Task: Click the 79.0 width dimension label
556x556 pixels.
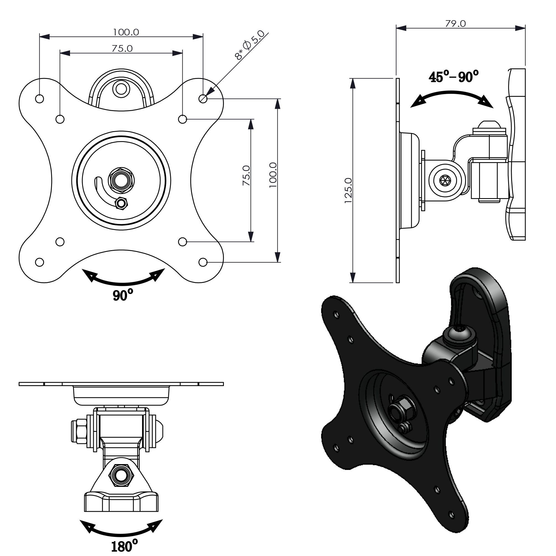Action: click(455, 24)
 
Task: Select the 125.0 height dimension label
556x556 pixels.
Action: click(348, 190)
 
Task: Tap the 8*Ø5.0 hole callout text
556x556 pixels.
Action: click(250, 45)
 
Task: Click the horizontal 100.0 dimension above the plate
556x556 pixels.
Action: click(126, 32)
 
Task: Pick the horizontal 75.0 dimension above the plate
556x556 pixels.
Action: click(122, 48)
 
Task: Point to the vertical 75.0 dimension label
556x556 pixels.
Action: click(246, 175)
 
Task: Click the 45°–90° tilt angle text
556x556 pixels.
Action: click(453, 77)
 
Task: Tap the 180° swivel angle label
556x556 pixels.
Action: click(124, 546)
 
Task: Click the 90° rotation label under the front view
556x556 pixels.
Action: click(123, 295)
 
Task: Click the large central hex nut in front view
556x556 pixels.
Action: click(121, 180)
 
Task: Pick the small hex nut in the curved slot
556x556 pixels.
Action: click(121, 203)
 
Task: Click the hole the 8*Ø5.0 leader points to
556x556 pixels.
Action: click(203, 99)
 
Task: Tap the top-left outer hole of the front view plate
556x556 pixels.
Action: click(39, 99)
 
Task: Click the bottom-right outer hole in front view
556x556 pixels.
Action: click(203, 262)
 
